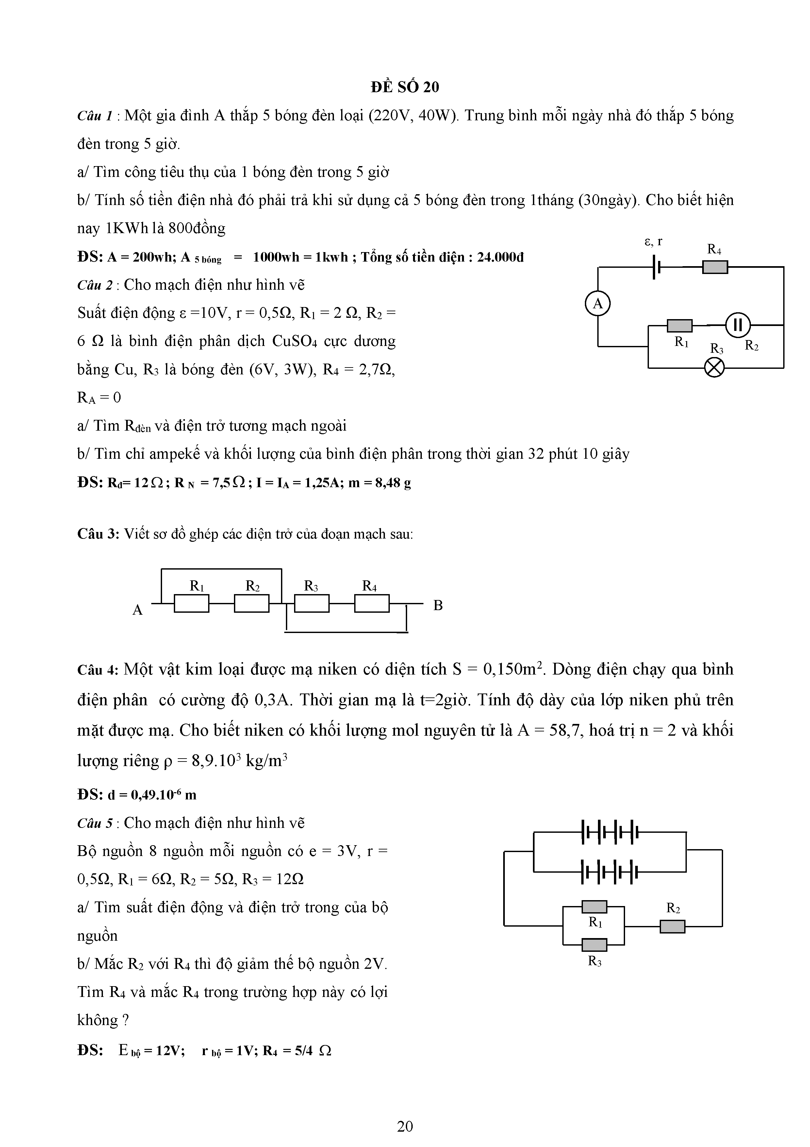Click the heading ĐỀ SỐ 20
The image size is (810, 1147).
click(x=405, y=87)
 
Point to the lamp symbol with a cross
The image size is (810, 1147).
click(x=714, y=368)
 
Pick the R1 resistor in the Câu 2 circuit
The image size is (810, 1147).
click(x=680, y=326)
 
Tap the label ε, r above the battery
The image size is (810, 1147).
click(x=653, y=242)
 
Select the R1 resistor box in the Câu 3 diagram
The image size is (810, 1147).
click(x=192, y=604)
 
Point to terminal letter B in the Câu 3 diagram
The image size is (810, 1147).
click(x=438, y=606)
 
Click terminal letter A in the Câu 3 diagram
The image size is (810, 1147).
click(x=138, y=610)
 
